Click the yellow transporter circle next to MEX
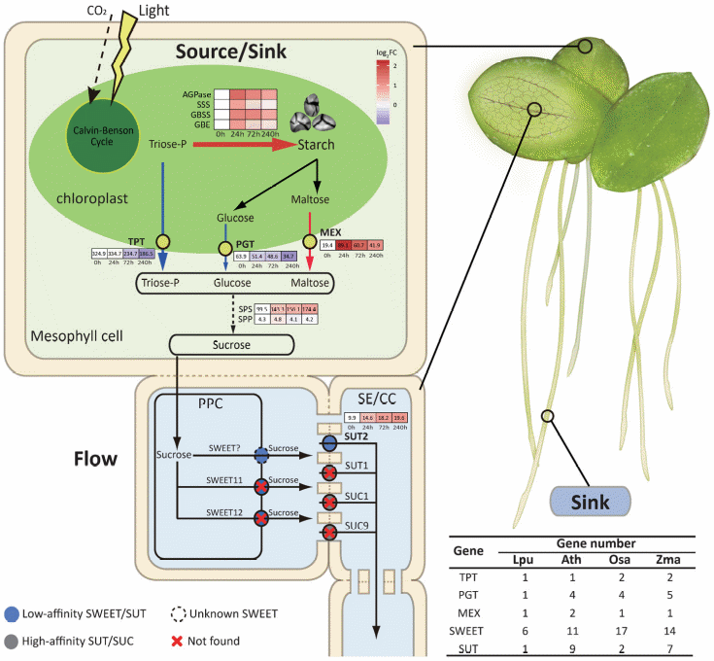click(x=313, y=239)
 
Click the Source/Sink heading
click(x=231, y=51)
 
